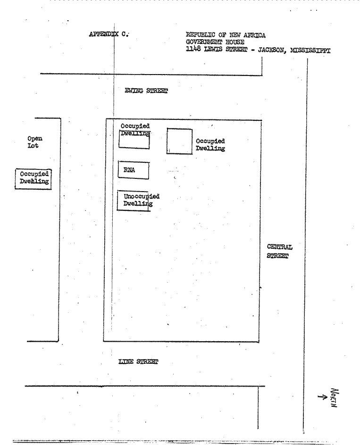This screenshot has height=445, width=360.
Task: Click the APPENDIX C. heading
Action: click(109, 34)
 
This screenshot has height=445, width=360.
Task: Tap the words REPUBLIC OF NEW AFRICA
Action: click(226, 35)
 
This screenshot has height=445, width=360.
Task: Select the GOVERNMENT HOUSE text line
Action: click(215, 42)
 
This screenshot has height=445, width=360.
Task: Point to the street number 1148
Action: click(193, 49)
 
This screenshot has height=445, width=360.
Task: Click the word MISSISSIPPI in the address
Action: click(310, 51)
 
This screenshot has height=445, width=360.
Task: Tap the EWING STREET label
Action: click(146, 91)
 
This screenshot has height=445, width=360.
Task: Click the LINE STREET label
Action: click(138, 361)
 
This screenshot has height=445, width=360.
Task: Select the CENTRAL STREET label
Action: click(279, 251)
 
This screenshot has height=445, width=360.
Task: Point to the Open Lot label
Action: click(35, 142)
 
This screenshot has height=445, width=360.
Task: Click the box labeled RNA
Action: click(134, 170)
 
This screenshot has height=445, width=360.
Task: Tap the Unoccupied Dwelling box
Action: click(133, 201)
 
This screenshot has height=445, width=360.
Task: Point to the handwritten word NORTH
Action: click(335, 398)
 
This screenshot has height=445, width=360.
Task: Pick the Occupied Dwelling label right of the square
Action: click(210, 145)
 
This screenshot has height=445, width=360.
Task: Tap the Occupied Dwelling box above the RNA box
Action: click(134, 139)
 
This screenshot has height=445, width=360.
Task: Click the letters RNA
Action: click(129, 170)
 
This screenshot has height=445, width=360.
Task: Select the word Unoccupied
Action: click(142, 196)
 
